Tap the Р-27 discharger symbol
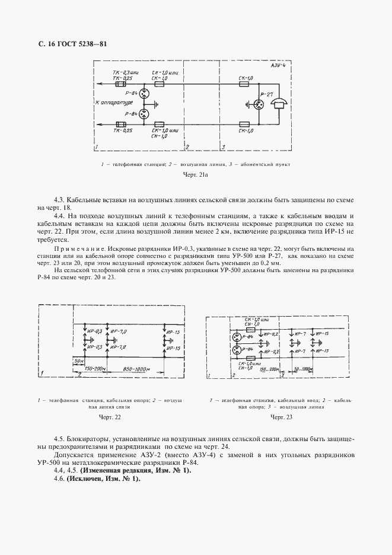(259, 105)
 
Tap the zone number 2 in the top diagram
(187, 146)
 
